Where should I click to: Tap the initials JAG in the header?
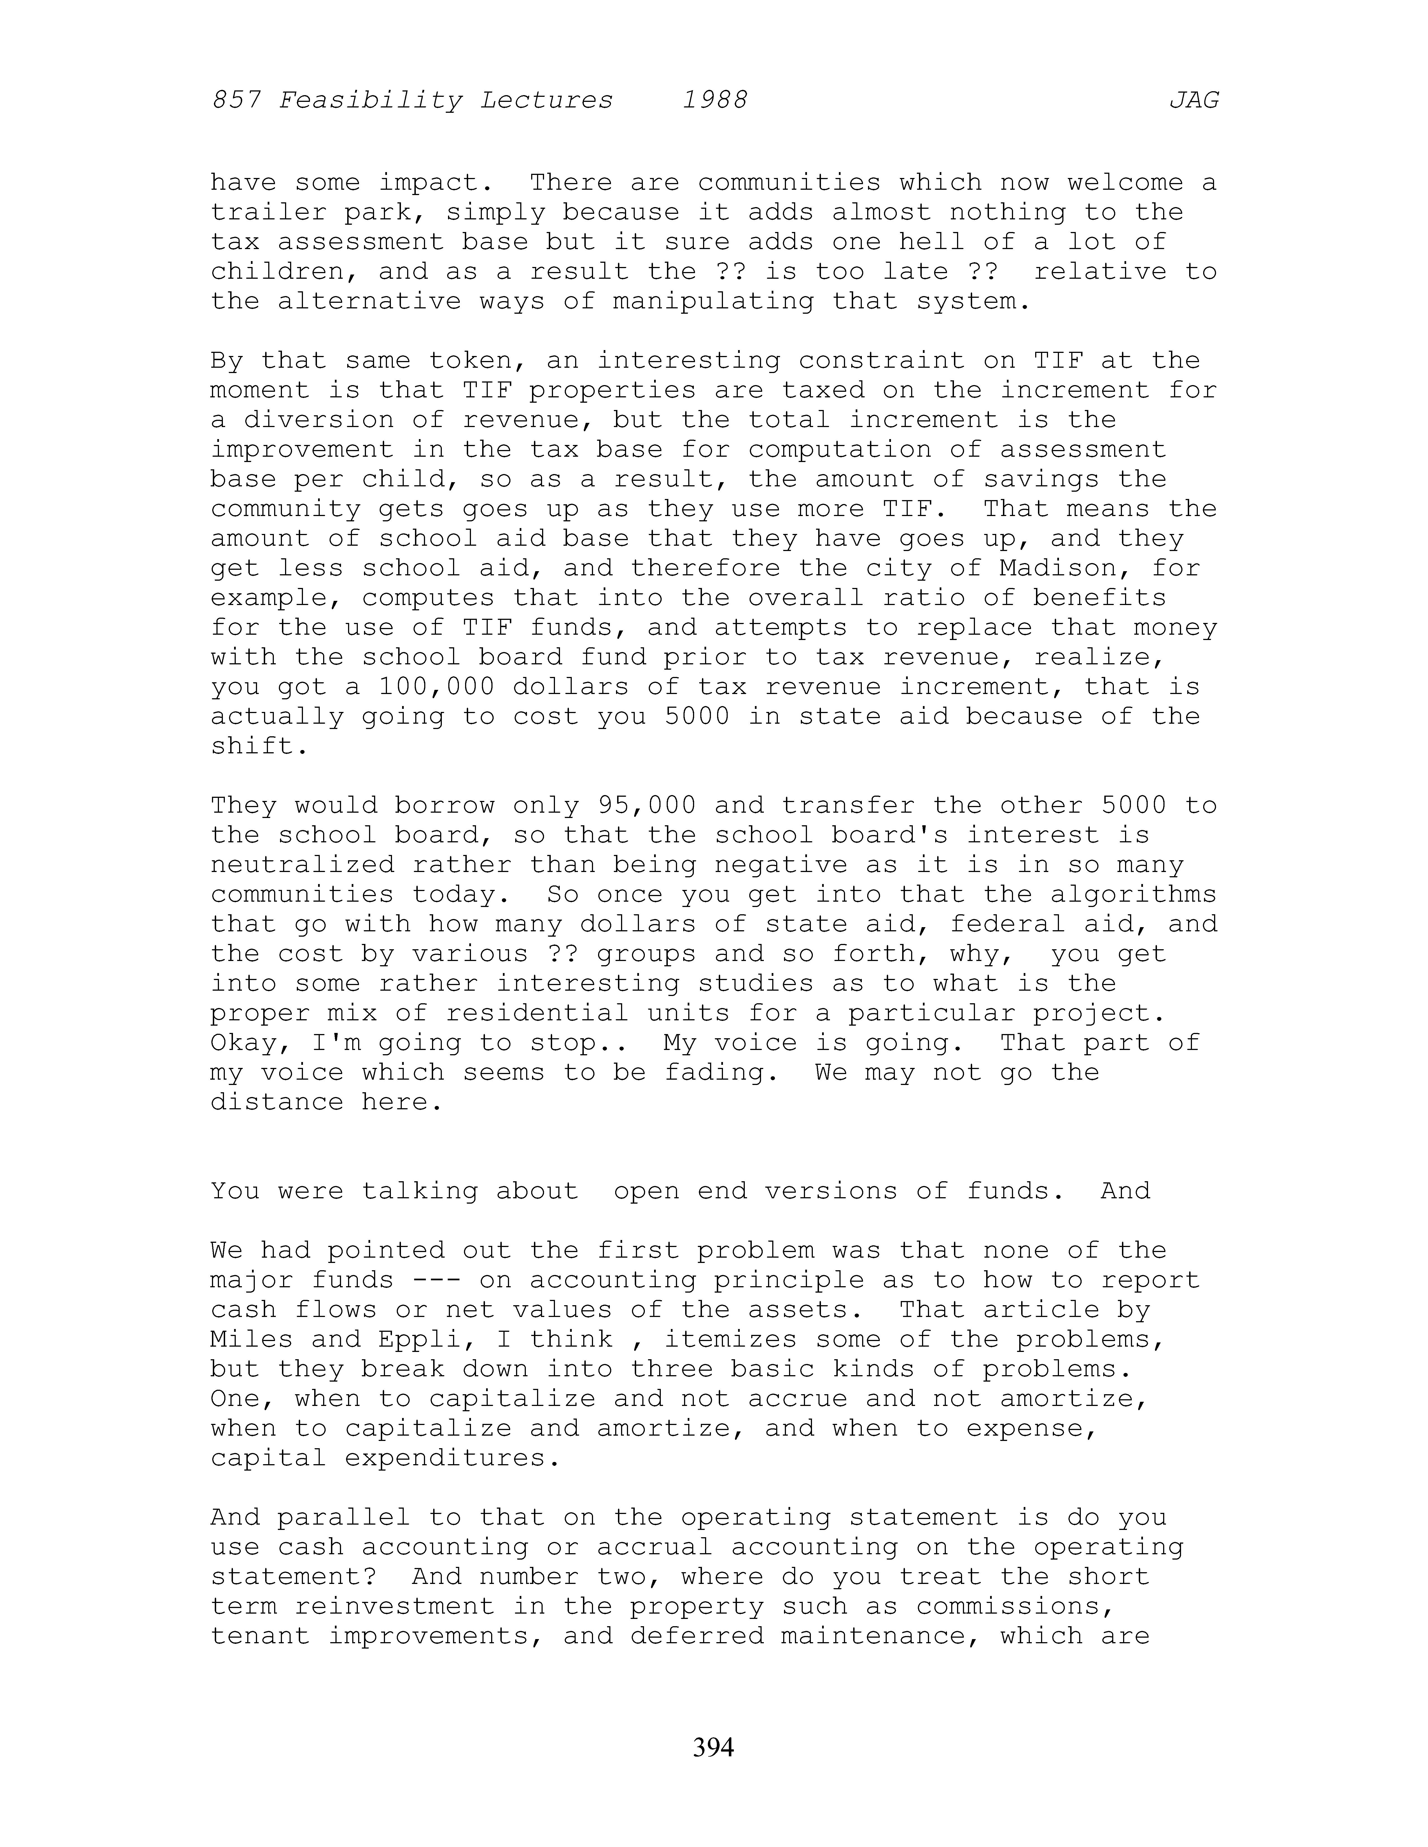pyautogui.click(x=1194, y=101)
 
